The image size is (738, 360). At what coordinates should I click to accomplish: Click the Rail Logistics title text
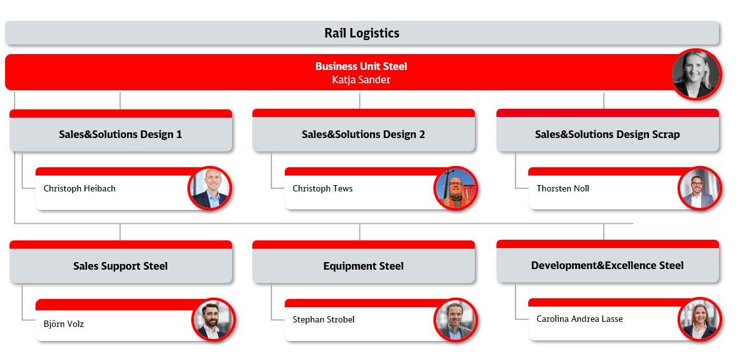tap(362, 33)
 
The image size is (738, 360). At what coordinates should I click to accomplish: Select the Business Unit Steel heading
tap(361, 66)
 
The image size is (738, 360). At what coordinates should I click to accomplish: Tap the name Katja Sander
tap(361, 80)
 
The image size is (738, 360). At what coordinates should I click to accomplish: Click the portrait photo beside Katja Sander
tap(696, 74)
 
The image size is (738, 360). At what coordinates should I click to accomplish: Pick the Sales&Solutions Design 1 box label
tap(121, 134)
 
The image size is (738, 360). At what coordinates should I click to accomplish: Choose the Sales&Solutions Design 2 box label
tap(364, 134)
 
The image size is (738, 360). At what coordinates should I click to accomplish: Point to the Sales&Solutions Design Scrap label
tap(607, 134)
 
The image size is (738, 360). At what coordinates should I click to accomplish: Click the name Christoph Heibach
tap(79, 188)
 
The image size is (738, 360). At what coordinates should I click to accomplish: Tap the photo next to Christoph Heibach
tap(210, 188)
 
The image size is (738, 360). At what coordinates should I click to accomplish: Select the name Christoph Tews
tap(322, 188)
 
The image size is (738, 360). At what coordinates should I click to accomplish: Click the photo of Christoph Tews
tap(456, 188)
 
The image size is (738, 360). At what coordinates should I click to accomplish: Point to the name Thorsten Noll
tap(563, 188)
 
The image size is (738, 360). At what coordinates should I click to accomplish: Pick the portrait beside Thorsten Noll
tap(699, 188)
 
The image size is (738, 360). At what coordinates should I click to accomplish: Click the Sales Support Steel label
tap(121, 267)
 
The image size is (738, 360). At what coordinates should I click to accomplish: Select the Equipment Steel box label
tap(364, 267)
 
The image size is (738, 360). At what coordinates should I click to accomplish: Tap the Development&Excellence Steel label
tap(607, 265)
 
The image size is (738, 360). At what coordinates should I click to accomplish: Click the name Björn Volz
tap(64, 324)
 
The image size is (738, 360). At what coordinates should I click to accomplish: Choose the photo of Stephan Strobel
tap(456, 319)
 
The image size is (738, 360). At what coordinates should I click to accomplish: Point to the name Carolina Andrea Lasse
tap(579, 319)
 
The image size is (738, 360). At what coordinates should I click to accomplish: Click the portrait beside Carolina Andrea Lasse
tap(699, 319)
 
